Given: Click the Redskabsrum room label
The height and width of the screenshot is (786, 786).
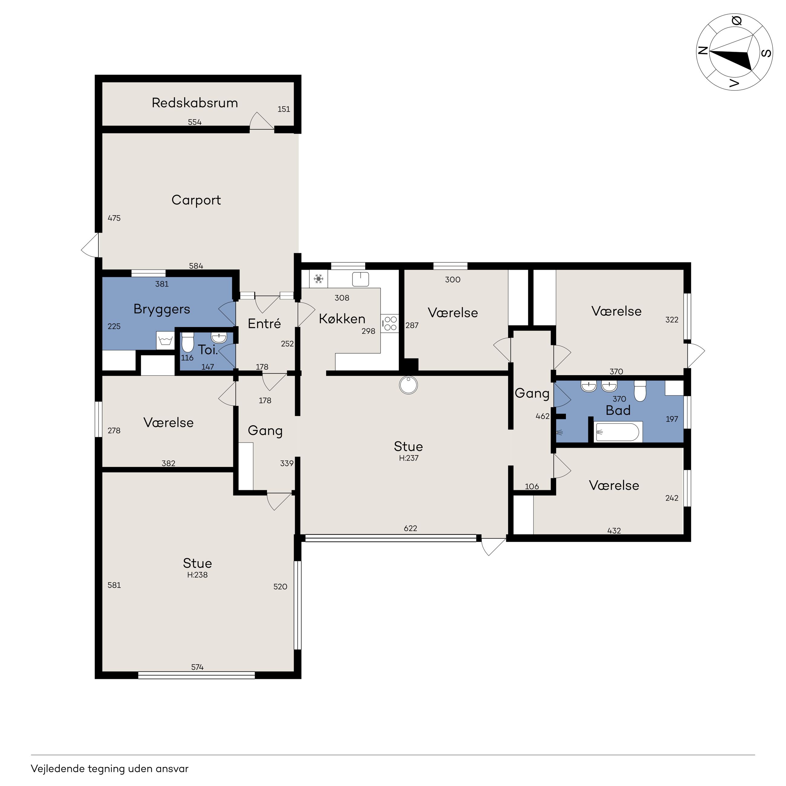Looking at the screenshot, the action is (x=195, y=103).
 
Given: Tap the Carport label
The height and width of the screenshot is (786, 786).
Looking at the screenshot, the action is (x=196, y=200).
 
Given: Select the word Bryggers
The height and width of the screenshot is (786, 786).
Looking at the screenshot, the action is (x=162, y=310).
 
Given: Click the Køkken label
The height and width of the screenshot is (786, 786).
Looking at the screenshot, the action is (x=342, y=319).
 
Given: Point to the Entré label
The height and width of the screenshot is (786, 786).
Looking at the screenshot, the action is (x=265, y=324).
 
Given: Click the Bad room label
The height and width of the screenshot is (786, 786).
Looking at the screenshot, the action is (x=618, y=411).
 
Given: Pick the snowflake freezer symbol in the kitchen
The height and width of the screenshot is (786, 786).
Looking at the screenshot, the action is (x=319, y=279).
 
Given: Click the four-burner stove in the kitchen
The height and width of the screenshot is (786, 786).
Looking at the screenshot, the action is (x=390, y=324).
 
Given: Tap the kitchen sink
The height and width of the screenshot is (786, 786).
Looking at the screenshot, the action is (x=360, y=279).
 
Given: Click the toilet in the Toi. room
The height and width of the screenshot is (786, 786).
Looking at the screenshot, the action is (x=187, y=343).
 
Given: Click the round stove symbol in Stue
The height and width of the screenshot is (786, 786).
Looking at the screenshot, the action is (x=408, y=385).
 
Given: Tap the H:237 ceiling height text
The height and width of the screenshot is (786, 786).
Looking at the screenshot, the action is (x=409, y=458).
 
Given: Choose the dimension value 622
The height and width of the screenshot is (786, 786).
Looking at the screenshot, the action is (x=411, y=528).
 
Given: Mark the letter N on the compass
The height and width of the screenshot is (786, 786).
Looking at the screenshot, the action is (x=703, y=50).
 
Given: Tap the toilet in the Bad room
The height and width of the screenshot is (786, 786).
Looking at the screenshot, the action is (x=640, y=391).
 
